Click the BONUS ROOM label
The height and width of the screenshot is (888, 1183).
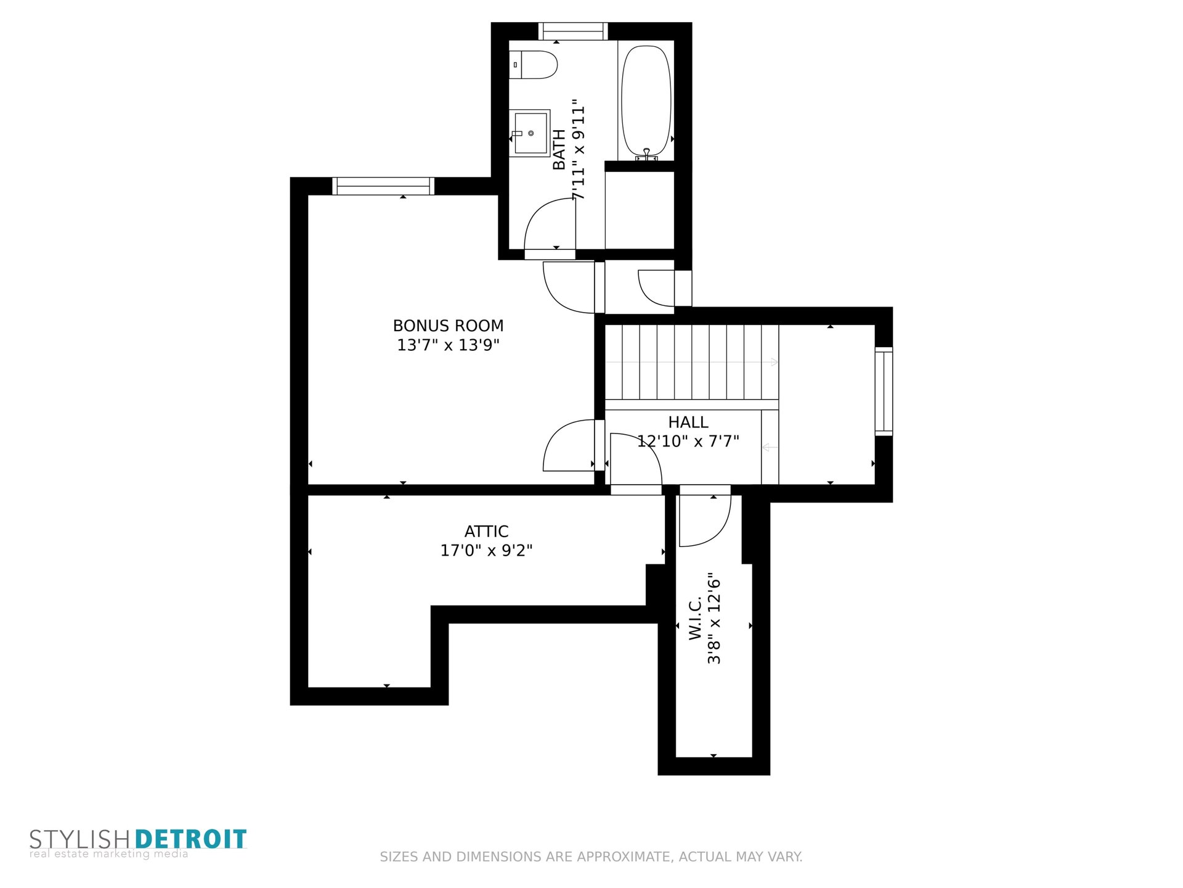coord(448,326)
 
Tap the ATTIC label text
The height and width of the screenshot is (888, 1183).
coord(486,532)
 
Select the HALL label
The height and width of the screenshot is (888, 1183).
coord(688,422)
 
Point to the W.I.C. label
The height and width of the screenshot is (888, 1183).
coord(696,619)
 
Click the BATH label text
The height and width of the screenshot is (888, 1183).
coord(559,149)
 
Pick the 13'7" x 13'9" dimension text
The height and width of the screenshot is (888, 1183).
coord(448,345)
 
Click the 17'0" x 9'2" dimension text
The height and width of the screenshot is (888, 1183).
coord(486,550)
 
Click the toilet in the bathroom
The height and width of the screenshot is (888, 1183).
coord(534,65)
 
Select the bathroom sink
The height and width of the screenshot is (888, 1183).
coord(529,133)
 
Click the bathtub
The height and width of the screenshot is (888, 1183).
coord(645,101)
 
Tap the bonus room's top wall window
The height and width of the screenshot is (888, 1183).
coord(383,186)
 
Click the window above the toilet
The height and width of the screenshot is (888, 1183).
coord(573,31)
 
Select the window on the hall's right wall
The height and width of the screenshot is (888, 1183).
coord(884,392)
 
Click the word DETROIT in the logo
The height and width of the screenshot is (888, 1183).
coord(190,839)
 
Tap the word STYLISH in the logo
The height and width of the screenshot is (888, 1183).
coord(79,840)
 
